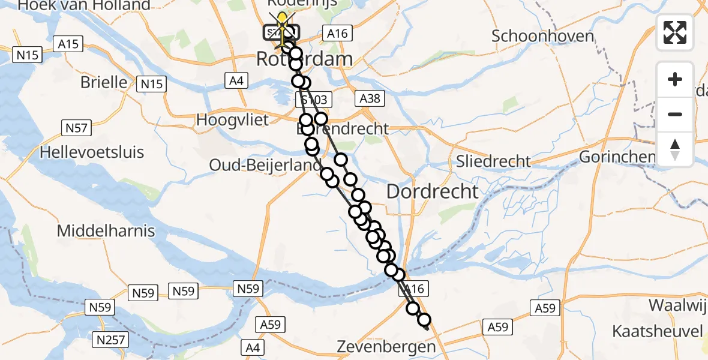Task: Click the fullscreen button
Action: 675,32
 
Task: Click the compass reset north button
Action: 675,149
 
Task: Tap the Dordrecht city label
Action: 433,192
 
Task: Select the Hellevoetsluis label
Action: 92,152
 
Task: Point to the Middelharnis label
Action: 106,230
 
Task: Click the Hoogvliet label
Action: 233,119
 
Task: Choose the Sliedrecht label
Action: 493,161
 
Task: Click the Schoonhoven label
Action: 542,36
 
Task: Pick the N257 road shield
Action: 110,340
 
